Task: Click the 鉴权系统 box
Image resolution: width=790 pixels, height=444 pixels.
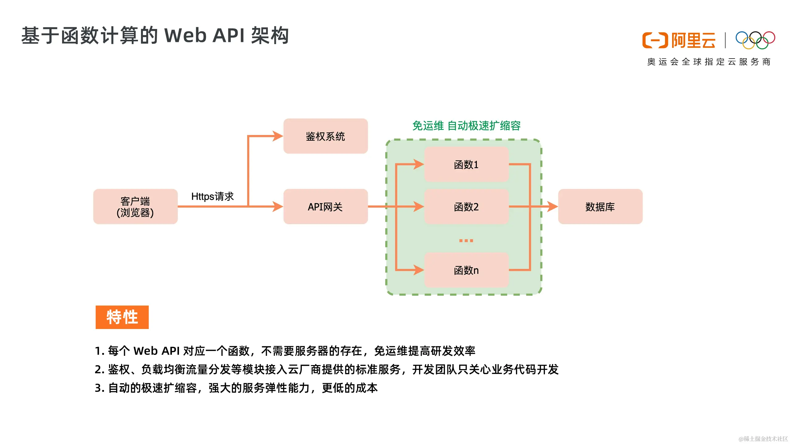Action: point(326,136)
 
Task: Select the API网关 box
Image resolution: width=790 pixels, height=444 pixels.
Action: point(326,207)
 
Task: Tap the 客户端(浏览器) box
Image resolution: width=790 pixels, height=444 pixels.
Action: point(135,207)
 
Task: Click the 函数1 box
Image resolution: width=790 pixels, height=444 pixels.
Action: point(466,164)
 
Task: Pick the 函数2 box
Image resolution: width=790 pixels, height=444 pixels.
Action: point(466,207)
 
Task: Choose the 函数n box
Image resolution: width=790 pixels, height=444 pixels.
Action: point(466,270)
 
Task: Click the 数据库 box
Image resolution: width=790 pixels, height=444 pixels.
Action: point(600,207)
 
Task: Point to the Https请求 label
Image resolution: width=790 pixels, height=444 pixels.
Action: point(212,196)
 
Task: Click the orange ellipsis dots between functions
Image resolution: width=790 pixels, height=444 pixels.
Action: point(466,240)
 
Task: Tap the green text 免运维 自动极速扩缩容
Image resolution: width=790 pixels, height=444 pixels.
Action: point(466,126)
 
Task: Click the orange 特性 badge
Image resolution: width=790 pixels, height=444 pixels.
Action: point(122,317)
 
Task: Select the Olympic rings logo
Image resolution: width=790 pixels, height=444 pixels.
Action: point(755,40)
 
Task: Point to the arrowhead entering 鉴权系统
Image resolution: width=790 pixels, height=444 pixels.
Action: point(277,136)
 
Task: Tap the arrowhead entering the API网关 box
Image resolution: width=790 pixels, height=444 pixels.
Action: point(277,207)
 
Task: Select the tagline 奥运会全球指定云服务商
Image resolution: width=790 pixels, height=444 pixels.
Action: point(709,62)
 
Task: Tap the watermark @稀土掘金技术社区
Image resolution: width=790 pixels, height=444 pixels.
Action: point(763,438)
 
